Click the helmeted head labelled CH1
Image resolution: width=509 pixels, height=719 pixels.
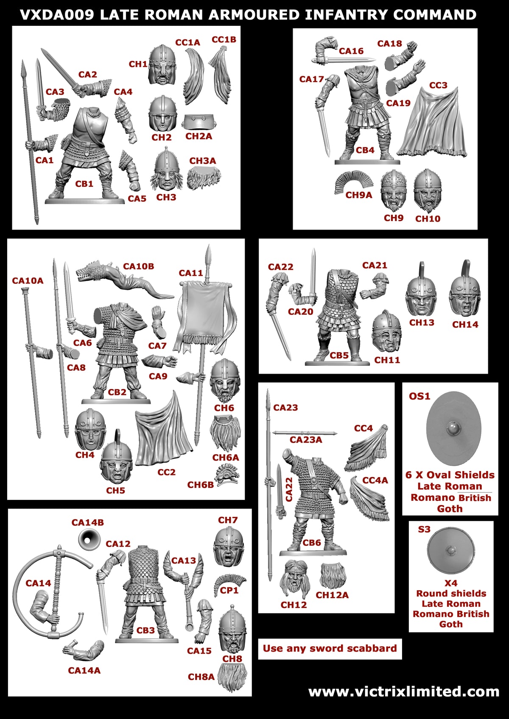(x=162, y=64)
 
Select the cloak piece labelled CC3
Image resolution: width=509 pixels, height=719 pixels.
(x=433, y=123)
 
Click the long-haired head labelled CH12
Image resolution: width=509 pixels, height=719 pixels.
(x=295, y=578)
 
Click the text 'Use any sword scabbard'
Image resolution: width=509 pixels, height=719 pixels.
(x=330, y=648)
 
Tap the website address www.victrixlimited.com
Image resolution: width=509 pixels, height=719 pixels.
(x=403, y=692)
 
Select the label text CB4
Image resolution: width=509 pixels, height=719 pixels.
(x=365, y=150)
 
